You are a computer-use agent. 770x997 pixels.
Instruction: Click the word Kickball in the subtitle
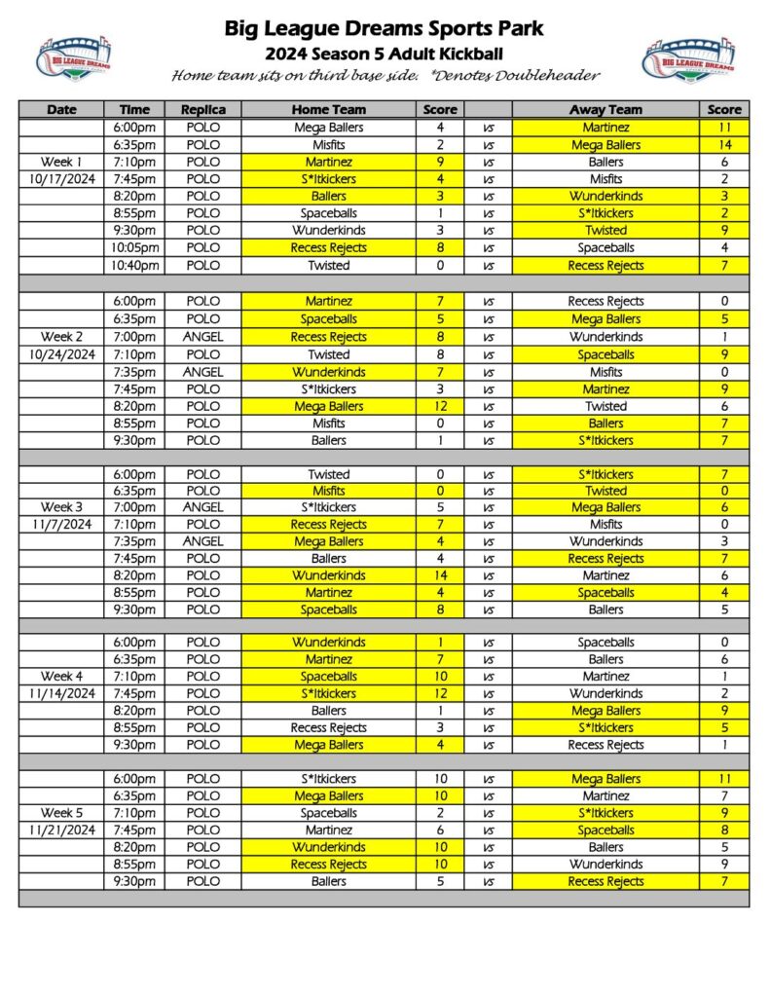click(470, 54)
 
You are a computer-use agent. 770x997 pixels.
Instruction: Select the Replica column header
click(202, 110)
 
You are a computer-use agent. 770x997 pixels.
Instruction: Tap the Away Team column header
click(605, 110)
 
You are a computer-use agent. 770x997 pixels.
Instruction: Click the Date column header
click(61, 110)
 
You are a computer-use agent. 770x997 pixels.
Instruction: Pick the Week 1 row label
click(61, 162)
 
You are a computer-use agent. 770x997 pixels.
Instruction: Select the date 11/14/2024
click(61, 693)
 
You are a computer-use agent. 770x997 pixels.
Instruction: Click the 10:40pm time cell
click(134, 265)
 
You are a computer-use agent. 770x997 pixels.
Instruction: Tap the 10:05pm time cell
click(134, 247)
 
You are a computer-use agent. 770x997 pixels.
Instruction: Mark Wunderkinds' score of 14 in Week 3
click(440, 575)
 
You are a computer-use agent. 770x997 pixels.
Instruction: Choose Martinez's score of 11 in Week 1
click(724, 128)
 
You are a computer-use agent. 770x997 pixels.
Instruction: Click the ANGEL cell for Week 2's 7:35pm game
click(202, 372)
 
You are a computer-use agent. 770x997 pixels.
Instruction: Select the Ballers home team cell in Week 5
click(329, 881)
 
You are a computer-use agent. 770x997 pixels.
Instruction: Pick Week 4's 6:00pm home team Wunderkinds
click(329, 643)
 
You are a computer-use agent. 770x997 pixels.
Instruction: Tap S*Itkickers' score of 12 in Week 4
click(440, 693)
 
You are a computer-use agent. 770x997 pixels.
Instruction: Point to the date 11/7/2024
click(61, 524)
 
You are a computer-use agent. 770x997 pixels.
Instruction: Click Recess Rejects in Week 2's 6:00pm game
click(605, 302)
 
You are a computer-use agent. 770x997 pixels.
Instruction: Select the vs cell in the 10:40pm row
click(488, 265)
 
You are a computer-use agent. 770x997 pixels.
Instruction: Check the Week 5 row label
click(61, 813)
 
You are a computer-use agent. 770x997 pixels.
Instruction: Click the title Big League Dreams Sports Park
click(385, 29)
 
